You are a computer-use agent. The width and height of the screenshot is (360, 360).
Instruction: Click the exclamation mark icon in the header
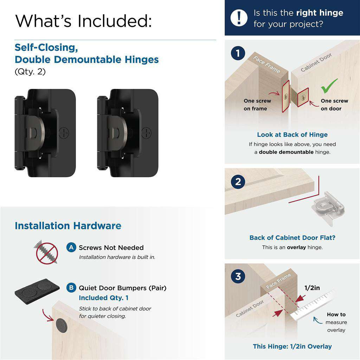(x=239, y=18)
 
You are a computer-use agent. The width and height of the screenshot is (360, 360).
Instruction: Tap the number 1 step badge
(x=238, y=54)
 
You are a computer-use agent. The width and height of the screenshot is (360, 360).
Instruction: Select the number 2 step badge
(x=238, y=182)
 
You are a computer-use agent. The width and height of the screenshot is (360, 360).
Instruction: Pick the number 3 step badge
(x=238, y=276)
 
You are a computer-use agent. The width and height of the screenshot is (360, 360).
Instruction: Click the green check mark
(x=329, y=85)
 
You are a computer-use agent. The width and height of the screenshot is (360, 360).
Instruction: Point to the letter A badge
(x=71, y=247)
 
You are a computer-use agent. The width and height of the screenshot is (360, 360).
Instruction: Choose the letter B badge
(x=71, y=288)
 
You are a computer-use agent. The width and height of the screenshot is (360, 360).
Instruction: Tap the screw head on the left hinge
(x=64, y=133)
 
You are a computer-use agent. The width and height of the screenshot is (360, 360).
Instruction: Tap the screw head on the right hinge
(x=146, y=133)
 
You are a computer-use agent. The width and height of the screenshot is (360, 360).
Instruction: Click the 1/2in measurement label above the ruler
(x=312, y=288)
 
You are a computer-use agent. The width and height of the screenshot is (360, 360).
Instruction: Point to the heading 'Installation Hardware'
(x=68, y=226)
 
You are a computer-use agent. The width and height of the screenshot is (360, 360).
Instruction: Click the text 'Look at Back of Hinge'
(x=292, y=135)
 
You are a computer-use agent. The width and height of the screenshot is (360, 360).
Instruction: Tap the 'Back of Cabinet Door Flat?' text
(x=292, y=238)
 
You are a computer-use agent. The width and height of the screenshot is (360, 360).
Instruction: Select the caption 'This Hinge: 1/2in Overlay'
(x=292, y=346)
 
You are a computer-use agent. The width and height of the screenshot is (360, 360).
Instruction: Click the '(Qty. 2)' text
(x=30, y=72)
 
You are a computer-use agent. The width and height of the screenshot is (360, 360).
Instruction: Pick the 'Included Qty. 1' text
(x=103, y=298)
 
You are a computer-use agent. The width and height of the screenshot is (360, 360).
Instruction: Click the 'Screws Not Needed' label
(x=111, y=247)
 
